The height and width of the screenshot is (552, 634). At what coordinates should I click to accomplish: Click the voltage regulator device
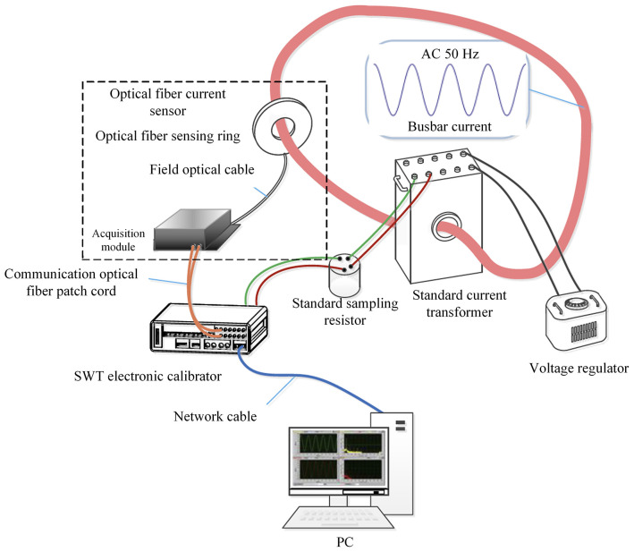point(576,322)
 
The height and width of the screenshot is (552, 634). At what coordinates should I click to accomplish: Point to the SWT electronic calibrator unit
point(208,328)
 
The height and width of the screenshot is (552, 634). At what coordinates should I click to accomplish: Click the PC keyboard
point(339,517)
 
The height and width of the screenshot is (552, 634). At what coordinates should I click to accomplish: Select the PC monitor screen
point(339,461)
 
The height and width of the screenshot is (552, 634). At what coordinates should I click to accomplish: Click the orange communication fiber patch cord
point(197,292)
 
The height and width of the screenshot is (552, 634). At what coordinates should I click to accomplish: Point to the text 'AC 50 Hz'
point(450,54)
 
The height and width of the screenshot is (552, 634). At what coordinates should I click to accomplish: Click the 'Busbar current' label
point(450,126)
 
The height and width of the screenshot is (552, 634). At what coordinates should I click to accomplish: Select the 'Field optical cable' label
point(202,169)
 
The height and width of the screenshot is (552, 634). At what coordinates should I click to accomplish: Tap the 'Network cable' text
point(216,417)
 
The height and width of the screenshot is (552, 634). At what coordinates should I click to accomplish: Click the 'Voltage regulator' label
point(579,369)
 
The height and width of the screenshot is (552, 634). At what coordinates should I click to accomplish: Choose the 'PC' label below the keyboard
point(344,542)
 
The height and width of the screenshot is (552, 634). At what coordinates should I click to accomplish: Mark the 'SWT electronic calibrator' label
point(148,377)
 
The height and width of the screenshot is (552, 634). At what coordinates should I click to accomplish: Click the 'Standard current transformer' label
point(460,303)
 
